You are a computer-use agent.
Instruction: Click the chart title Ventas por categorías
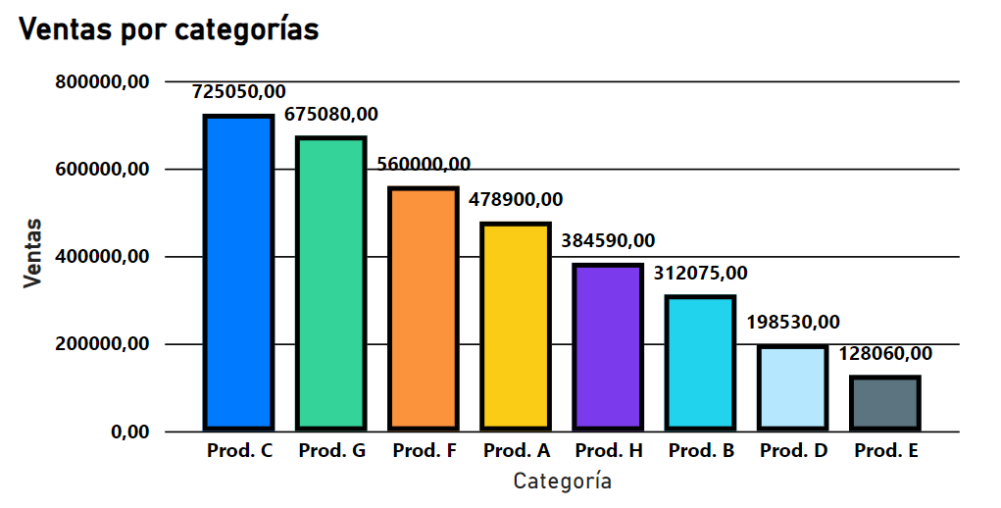[170, 29]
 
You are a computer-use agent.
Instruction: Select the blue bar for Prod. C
[238, 273]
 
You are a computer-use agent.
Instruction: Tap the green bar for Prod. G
[330, 283]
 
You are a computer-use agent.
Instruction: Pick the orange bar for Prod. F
[423, 308]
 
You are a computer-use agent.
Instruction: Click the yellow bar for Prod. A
[515, 327]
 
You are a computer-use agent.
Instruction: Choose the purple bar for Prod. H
[607, 347]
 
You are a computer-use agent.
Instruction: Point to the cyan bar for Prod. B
[699, 363]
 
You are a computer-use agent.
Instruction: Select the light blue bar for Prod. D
[792, 387]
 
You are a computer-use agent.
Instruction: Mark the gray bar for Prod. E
[884, 403]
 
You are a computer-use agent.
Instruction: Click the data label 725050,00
[239, 92]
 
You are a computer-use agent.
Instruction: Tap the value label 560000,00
[424, 164]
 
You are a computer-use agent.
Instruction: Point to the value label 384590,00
[608, 240]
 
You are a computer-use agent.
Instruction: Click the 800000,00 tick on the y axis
[102, 82]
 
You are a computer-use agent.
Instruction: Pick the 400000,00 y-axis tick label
[102, 257]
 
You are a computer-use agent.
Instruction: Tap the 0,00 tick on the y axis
[129, 432]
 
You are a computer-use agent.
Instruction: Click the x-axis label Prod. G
[332, 451]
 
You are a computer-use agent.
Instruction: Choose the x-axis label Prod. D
[793, 451]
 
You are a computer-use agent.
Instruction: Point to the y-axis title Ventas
[33, 253]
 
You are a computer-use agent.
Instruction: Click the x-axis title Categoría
[563, 482]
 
